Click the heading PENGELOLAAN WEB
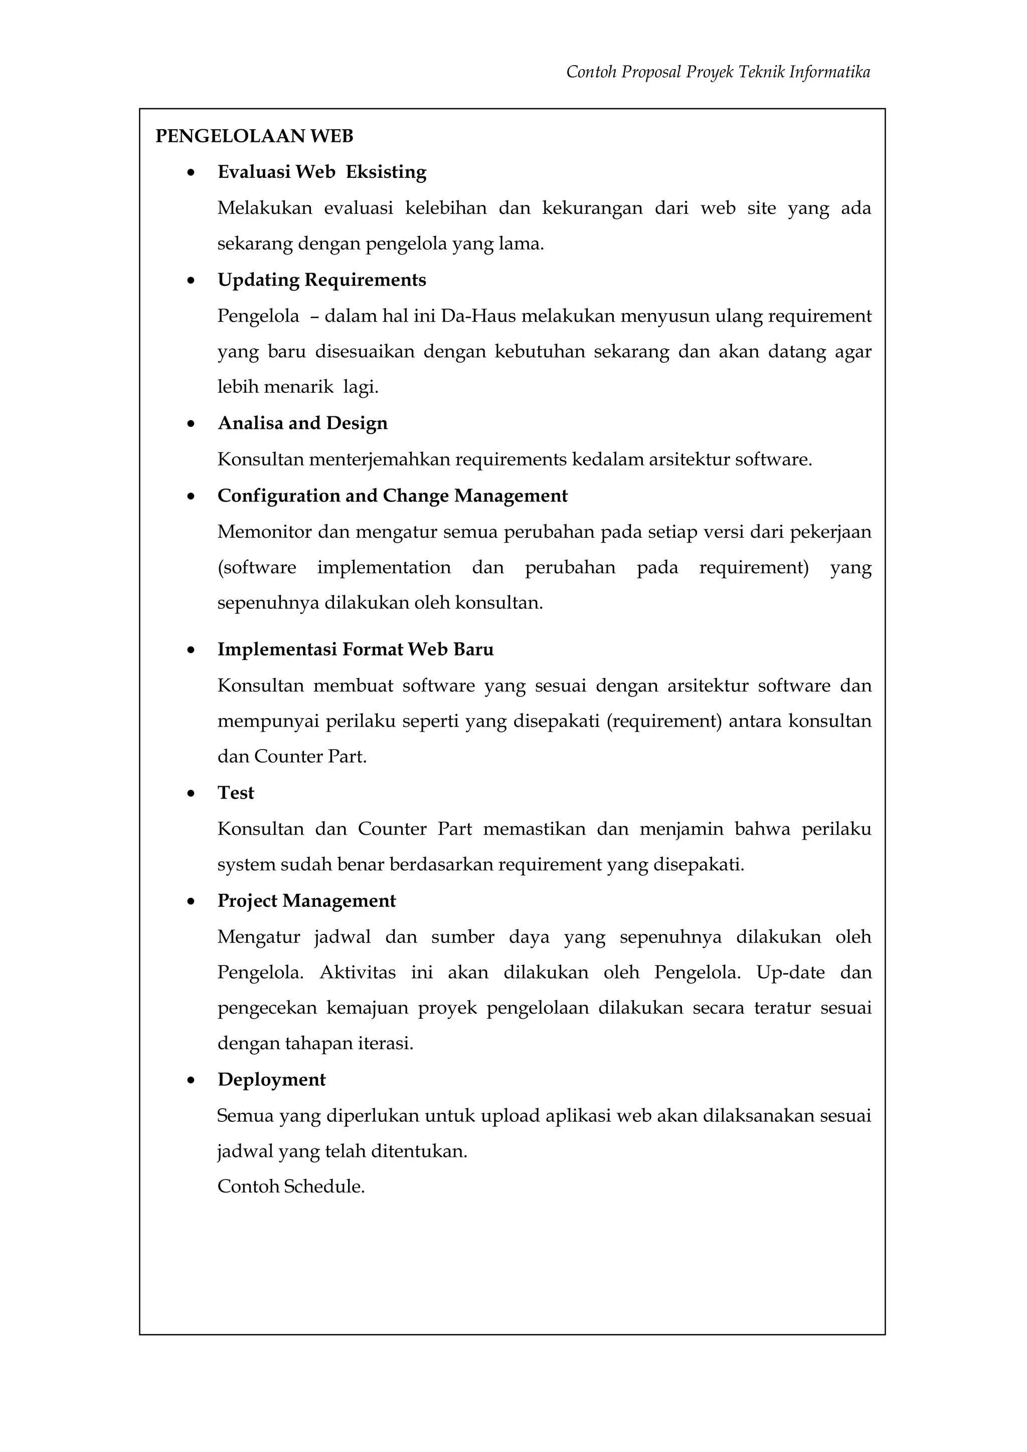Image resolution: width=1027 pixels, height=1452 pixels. [x=254, y=136]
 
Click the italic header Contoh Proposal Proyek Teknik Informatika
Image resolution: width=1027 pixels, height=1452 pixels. [x=718, y=72]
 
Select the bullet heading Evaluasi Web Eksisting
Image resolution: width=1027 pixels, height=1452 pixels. [x=321, y=172]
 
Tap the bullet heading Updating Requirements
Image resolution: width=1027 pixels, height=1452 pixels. [x=321, y=280]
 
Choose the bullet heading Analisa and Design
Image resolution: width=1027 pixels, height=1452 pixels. [x=302, y=423]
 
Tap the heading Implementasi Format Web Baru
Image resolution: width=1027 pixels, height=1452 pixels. [x=355, y=649]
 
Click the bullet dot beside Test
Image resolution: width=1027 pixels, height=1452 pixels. [x=191, y=794]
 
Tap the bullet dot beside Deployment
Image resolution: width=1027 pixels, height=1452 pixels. [x=191, y=1081]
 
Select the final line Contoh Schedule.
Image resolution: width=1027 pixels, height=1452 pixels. [x=291, y=1186]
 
